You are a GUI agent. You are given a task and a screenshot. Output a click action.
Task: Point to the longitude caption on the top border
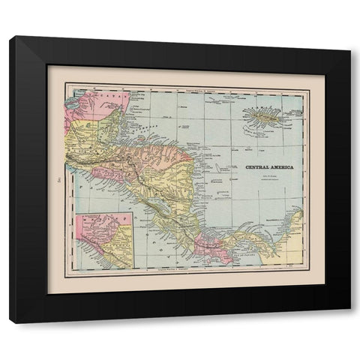click(x=187, y=89)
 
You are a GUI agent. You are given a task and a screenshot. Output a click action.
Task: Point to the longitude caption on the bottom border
click(x=187, y=272)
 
